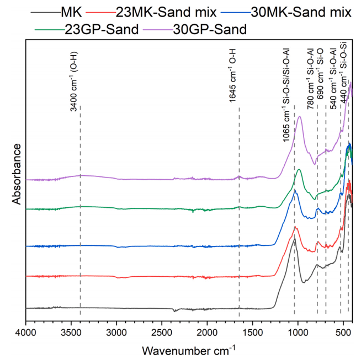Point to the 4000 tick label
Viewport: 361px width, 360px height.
26,332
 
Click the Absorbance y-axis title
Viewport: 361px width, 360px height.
17,174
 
